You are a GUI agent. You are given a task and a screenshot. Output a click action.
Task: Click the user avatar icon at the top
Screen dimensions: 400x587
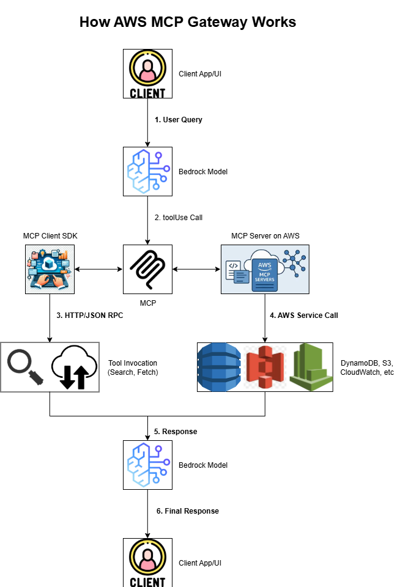click(x=147, y=67)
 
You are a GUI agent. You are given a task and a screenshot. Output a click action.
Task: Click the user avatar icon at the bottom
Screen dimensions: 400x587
click(x=147, y=556)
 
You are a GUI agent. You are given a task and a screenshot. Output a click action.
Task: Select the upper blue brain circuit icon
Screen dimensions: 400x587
click(x=148, y=171)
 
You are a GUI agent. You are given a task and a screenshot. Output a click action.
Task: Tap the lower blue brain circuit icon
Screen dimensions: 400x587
click(x=148, y=465)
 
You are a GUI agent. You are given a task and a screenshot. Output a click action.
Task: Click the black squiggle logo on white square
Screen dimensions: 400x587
click(x=147, y=269)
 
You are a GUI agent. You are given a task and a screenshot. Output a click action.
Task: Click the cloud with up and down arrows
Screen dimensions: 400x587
click(x=74, y=367)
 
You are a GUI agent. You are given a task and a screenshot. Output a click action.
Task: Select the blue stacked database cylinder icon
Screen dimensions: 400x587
click(x=219, y=367)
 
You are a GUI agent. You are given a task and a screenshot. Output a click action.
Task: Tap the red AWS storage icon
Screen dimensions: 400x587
click(x=265, y=367)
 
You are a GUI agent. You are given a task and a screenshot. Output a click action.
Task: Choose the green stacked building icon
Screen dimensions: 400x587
click(x=311, y=367)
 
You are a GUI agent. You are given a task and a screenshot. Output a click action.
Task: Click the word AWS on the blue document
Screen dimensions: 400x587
click(x=264, y=265)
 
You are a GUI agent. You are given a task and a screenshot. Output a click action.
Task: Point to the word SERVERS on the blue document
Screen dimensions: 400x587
click(x=264, y=279)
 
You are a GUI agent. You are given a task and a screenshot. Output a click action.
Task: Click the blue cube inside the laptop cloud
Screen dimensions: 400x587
click(x=49, y=264)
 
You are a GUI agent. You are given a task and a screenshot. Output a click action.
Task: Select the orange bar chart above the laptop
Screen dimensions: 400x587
click(x=63, y=253)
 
